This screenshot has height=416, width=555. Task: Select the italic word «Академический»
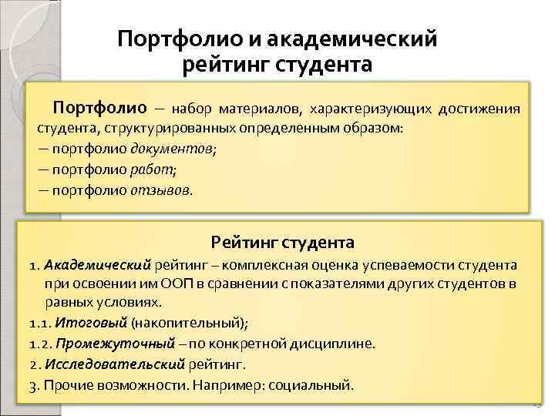click(99, 265)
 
